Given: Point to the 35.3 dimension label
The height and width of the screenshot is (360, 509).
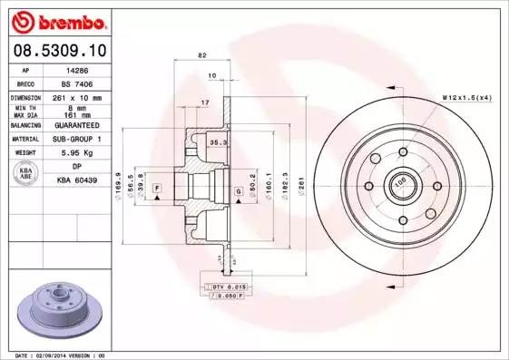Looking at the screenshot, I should point(218,143).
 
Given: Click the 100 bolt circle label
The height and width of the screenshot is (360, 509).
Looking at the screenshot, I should point(398,181).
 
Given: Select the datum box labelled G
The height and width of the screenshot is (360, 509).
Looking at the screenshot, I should point(238,190).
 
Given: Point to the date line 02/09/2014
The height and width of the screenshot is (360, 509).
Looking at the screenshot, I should point(54,355).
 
